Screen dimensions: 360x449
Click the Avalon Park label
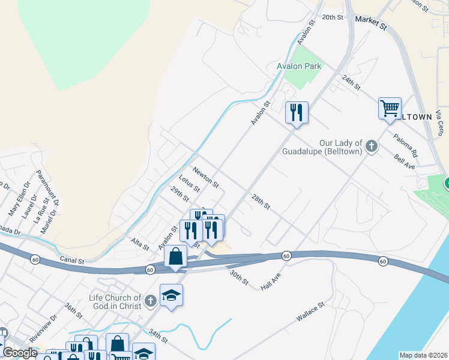[299, 66]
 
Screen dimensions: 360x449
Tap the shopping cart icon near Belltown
[390, 109]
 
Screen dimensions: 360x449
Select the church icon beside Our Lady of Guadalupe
[372, 146]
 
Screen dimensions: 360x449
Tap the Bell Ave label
[405, 161]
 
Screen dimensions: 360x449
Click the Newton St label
[205, 176]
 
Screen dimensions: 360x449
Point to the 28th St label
[261, 202]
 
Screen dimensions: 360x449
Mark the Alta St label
[139, 243]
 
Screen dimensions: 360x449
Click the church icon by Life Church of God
[150, 298]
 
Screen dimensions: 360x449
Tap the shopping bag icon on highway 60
[175, 257]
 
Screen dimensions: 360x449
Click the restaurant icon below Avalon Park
[297, 112]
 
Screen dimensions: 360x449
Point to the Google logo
[19, 353]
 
